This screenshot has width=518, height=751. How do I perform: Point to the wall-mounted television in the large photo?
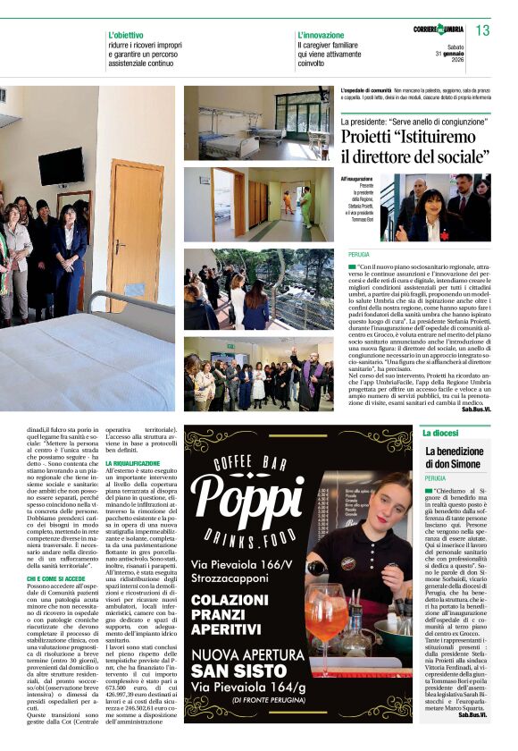(61, 166)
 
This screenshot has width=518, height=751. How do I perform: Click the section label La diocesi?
(441, 433)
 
